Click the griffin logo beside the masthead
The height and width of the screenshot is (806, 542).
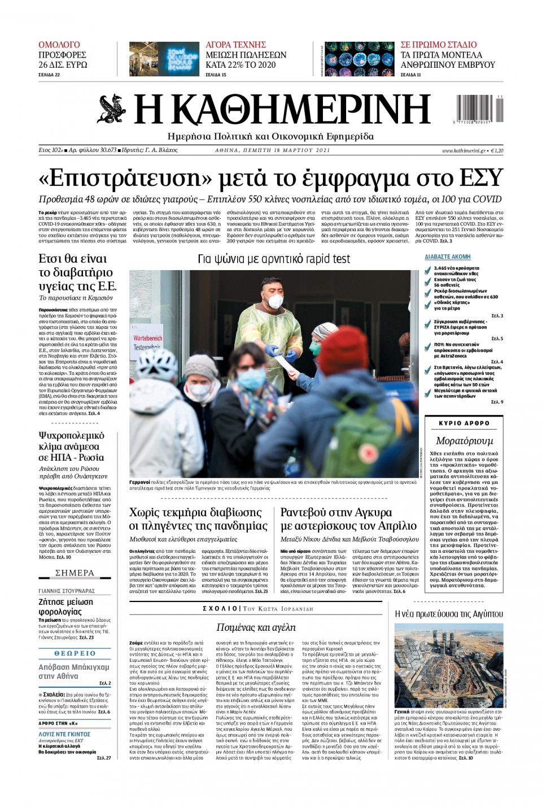(x=111, y=109)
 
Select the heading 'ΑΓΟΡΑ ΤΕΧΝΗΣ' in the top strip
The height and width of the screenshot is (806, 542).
(x=235, y=45)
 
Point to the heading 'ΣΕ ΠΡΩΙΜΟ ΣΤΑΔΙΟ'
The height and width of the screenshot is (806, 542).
(x=439, y=45)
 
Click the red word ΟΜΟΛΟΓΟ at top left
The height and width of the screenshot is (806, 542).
(x=59, y=45)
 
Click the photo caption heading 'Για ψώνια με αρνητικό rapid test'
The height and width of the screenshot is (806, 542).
(x=274, y=259)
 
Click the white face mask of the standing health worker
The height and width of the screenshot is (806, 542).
(x=275, y=300)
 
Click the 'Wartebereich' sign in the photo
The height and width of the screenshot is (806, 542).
(x=147, y=337)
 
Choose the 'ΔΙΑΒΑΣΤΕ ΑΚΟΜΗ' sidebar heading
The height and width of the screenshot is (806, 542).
(x=448, y=257)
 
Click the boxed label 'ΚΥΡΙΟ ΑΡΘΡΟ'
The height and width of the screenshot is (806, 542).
(x=464, y=423)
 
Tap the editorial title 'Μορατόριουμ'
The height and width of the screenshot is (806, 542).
(x=464, y=440)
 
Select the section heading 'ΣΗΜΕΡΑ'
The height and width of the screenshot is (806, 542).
(x=75, y=573)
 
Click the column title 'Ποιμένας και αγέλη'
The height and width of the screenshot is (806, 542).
(x=256, y=627)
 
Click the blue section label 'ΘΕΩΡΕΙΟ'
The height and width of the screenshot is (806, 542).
(x=75, y=653)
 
